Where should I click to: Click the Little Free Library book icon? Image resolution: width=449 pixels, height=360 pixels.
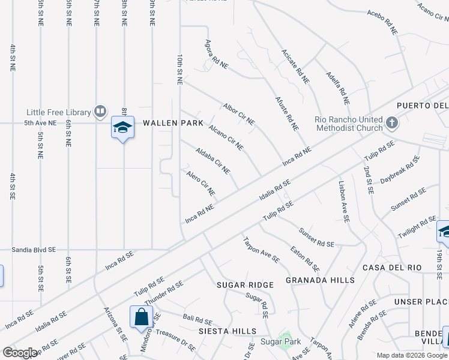tap(100, 111)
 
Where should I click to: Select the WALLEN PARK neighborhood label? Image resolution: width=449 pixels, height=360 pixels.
tap(169, 123)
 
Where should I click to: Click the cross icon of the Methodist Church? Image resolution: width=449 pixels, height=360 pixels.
tap(391, 123)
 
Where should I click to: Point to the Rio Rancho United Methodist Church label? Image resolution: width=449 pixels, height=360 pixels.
tap(348, 123)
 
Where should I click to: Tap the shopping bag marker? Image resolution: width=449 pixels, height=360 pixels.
tap(140, 316)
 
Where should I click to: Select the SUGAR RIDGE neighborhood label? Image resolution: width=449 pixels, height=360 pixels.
tap(245, 284)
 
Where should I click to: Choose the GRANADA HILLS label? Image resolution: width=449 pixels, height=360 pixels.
tap(320, 280)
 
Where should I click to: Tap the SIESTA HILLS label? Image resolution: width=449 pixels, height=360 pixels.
tap(231, 331)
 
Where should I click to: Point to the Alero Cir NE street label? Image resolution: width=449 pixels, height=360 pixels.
tap(200, 184)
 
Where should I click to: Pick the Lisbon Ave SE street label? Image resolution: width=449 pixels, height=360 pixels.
tap(343, 202)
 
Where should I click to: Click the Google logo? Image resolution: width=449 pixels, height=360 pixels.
tap(20, 352)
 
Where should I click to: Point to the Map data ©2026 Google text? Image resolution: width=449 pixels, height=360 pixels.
tap(411, 355)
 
